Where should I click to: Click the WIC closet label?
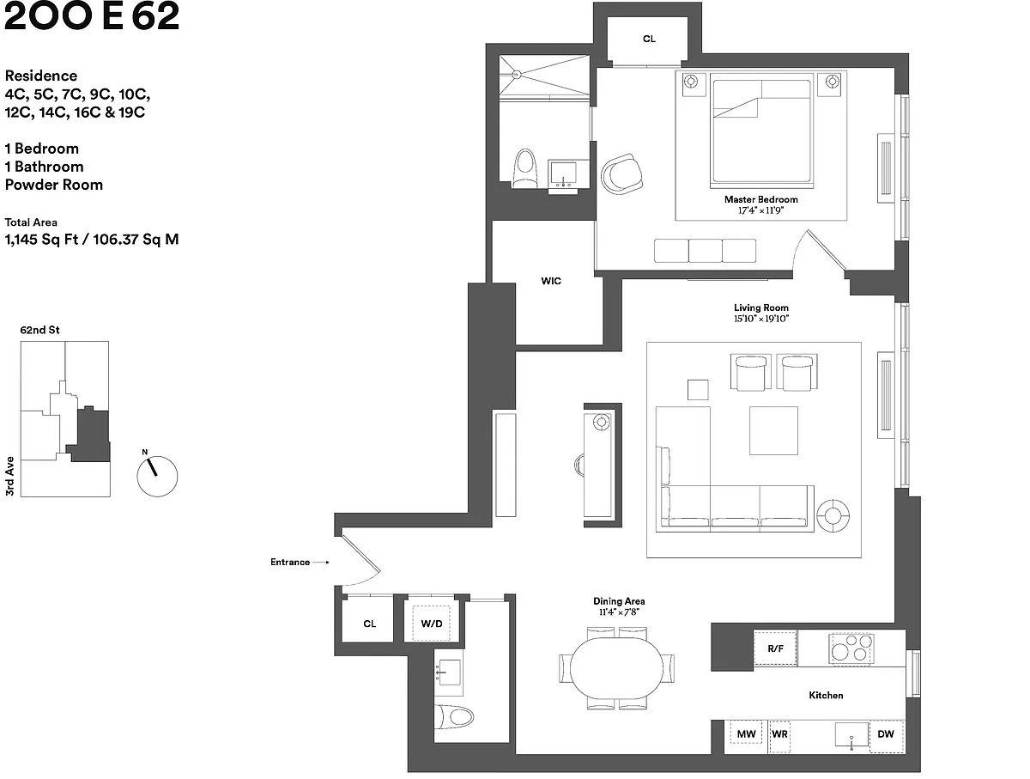[x=551, y=281]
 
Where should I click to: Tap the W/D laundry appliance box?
[x=431, y=624]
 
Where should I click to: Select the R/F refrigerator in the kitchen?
[x=775, y=649]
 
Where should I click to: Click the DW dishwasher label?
[x=886, y=734]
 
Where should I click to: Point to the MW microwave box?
[x=746, y=734]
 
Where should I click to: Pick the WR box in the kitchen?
[x=780, y=735]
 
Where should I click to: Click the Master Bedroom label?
[x=760, y=199]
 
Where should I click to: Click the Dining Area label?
[x=619, y=601]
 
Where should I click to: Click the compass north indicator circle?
[x=157, y=475]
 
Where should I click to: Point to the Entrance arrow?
[x=320, y=563]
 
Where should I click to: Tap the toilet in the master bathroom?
[x=524, y=168]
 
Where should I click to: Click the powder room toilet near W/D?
[x=454, y=716]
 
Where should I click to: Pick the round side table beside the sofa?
[x=833, y=515]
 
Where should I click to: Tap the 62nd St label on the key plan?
[x=40, y=330]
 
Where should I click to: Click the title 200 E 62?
[x=92, y=17]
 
